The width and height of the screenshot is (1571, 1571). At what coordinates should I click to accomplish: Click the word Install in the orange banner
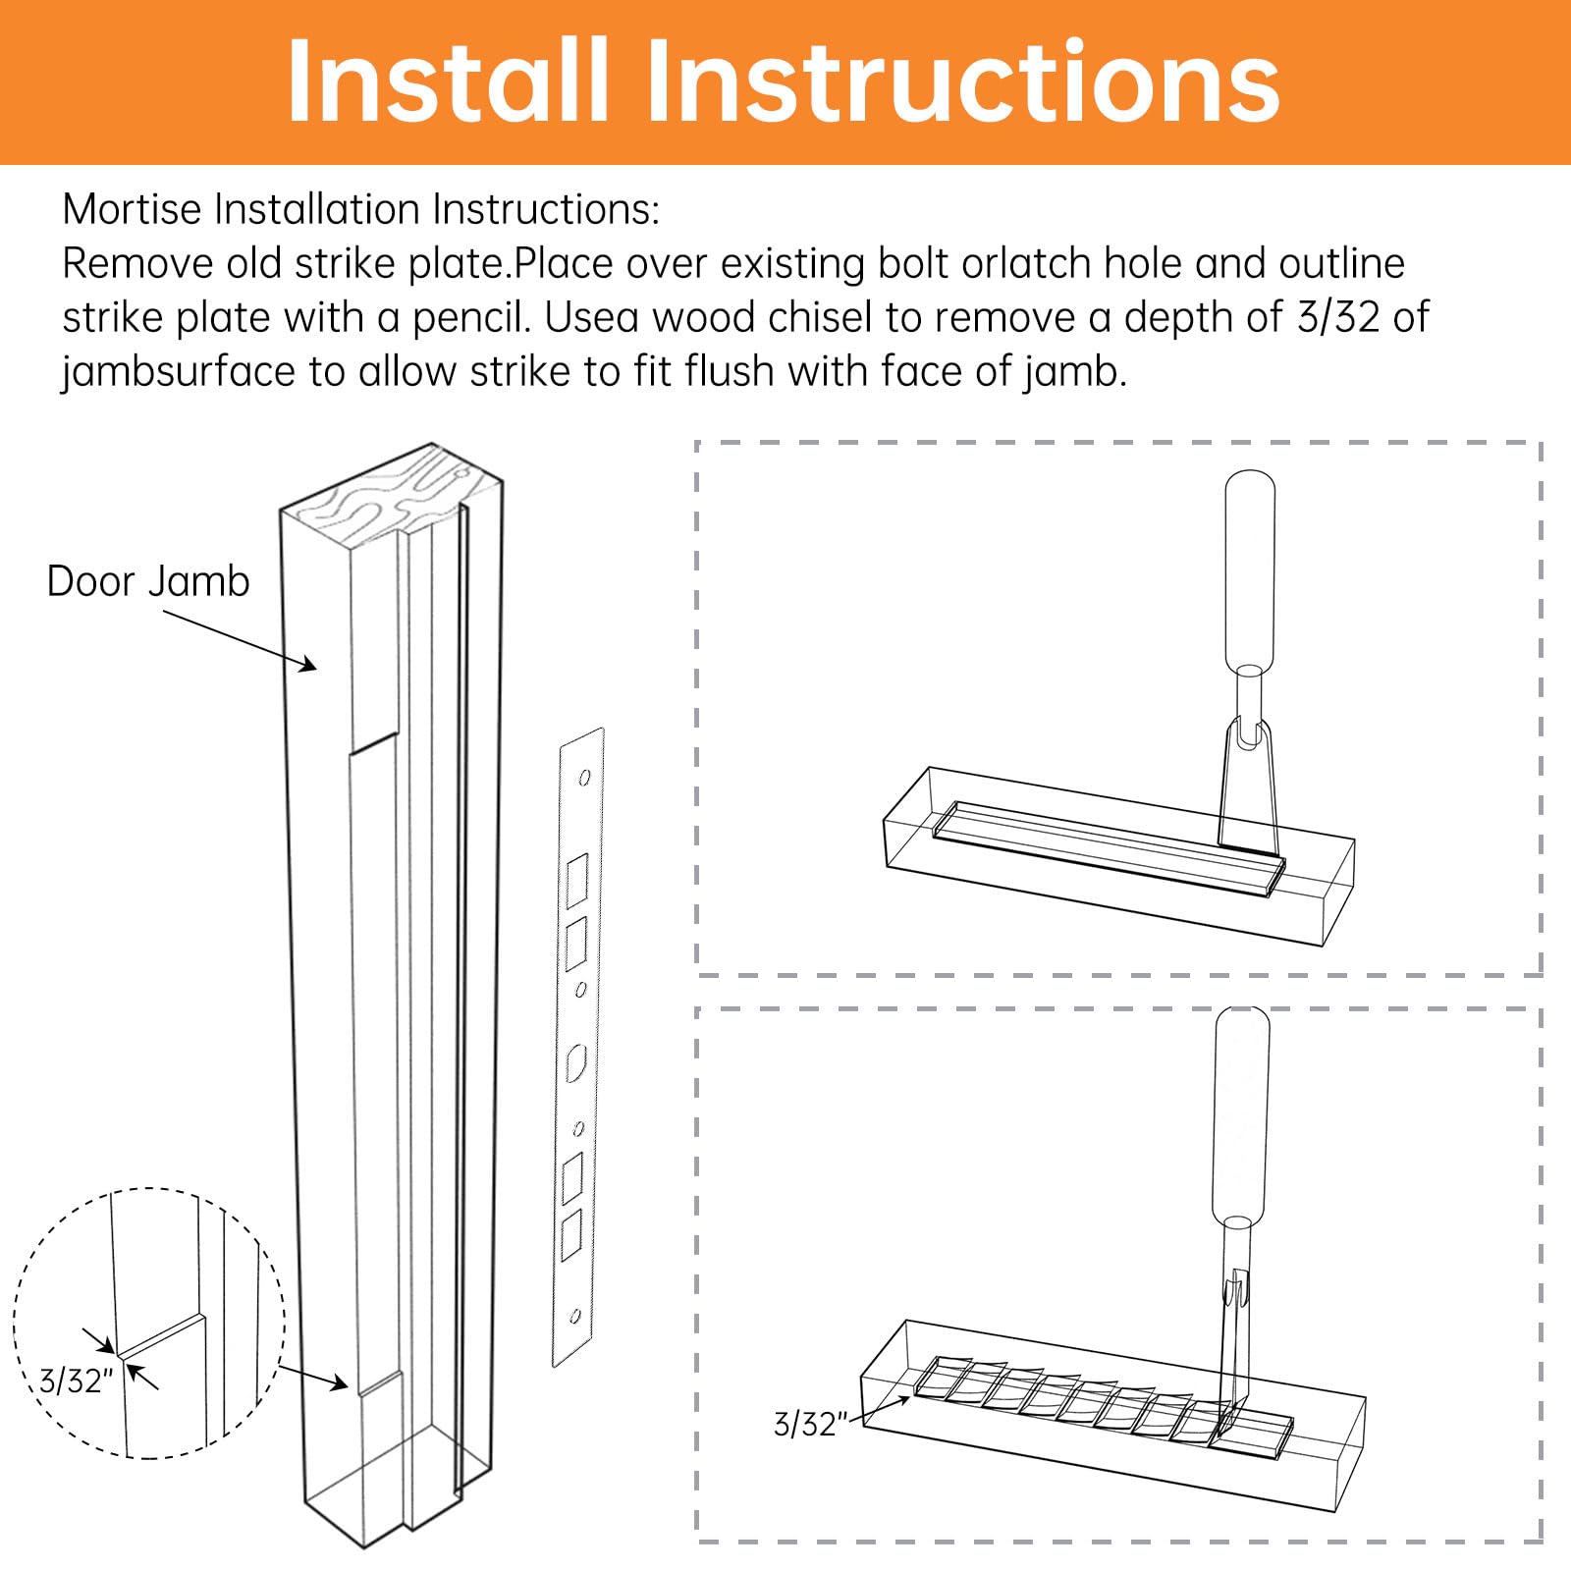click(x=447, y=81)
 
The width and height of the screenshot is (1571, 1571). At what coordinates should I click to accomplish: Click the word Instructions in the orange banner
click(x=962, y=81)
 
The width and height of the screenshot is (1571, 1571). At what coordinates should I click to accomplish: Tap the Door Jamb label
click(x=148, y=581)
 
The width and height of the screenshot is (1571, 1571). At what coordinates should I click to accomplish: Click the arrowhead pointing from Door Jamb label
click(x=310, y=667)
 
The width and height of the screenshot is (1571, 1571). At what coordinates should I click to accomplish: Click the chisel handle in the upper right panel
click(x=1250, y=569)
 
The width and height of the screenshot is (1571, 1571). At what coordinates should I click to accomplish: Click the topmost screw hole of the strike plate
click(x=584, y=778)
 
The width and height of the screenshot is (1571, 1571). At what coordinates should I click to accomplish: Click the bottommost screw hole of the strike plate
click(x=575, y=1316)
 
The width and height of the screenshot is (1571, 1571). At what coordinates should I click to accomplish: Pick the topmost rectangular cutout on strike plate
click(x=577, y=880)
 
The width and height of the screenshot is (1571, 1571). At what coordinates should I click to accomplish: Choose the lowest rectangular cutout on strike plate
click(x=570, y=1234)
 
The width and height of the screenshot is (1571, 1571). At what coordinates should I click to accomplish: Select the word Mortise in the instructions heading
click(x=134, y=209)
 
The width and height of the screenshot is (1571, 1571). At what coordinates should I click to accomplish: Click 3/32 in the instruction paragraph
click(x=1336, y=317)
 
